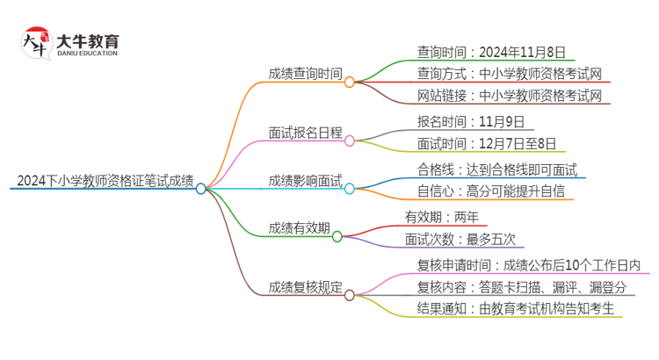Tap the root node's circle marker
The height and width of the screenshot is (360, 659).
coord(200,189)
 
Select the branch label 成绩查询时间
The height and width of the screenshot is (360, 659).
coord(305,75)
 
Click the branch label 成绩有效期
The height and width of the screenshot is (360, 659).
coord(299,228)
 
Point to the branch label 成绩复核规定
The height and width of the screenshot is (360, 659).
coord(305,287)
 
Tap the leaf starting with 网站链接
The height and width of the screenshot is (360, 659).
coord(509,96)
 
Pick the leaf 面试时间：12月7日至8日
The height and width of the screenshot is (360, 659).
coord(486,143)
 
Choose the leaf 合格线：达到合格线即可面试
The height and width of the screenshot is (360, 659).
coord(496,169)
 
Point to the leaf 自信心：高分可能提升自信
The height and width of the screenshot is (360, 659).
coord(490,191)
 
